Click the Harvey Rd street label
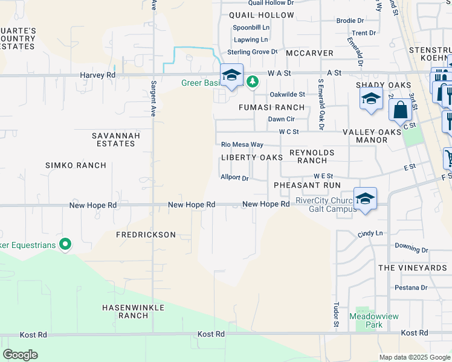[x=97, y=75]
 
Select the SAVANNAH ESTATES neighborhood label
[x=116, y=139]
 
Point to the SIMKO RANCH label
[x=76, y=165]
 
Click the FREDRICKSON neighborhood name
[x=146, y=235]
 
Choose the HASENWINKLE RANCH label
[x=125, y=311]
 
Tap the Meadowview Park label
[x=366, y=320]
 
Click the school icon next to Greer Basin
[x=231, y=75]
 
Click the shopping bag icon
[x=399, y=110]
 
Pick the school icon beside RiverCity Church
[x=365, y=198]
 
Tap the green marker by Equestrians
[x=65, y=245]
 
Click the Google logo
[x=20, y=355]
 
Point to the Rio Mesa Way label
[x=242, y=145]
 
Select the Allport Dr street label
[x=235, y=178]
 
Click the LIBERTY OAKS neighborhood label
[x=251, y=157]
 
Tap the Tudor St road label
[x=336, y=316]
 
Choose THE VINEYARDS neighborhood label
[x=412, y=267]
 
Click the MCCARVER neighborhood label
[x=310, y=53]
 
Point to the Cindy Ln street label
[x=370, y=233]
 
